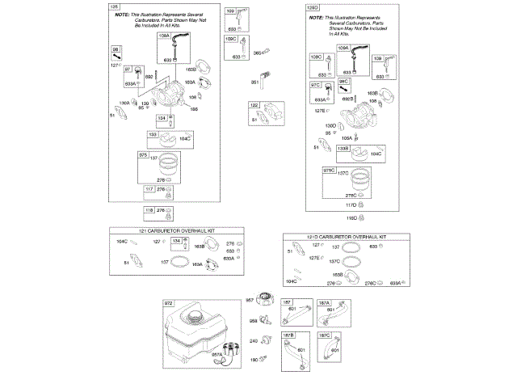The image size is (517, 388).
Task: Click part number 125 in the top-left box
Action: pos(114,6)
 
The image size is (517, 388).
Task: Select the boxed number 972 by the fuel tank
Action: pos(169,303)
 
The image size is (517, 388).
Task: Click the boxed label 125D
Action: pos(313,6)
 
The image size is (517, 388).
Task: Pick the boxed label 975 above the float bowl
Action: pos(144,154)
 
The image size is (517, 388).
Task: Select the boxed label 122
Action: pos(254,106)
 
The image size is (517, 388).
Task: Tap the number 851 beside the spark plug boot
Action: pos(254,82)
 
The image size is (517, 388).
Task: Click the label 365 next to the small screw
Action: pos(258,53)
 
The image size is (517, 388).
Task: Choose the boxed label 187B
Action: pos(288,335)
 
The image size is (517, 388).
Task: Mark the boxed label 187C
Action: pos(324,335)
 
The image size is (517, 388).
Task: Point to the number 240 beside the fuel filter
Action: pos(253,341)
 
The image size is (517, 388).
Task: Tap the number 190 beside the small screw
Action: pos(253,360)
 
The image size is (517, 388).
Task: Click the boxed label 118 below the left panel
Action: pos(149,210)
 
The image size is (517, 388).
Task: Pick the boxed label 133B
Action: pos(343,149)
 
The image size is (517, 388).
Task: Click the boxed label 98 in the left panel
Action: pos(116,50)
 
